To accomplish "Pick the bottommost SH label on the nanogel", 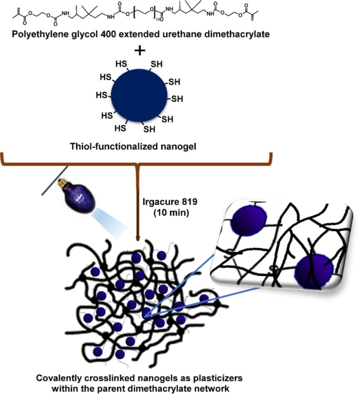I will (x=149, y=129).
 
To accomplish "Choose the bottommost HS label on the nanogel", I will (x=121, y=128).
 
